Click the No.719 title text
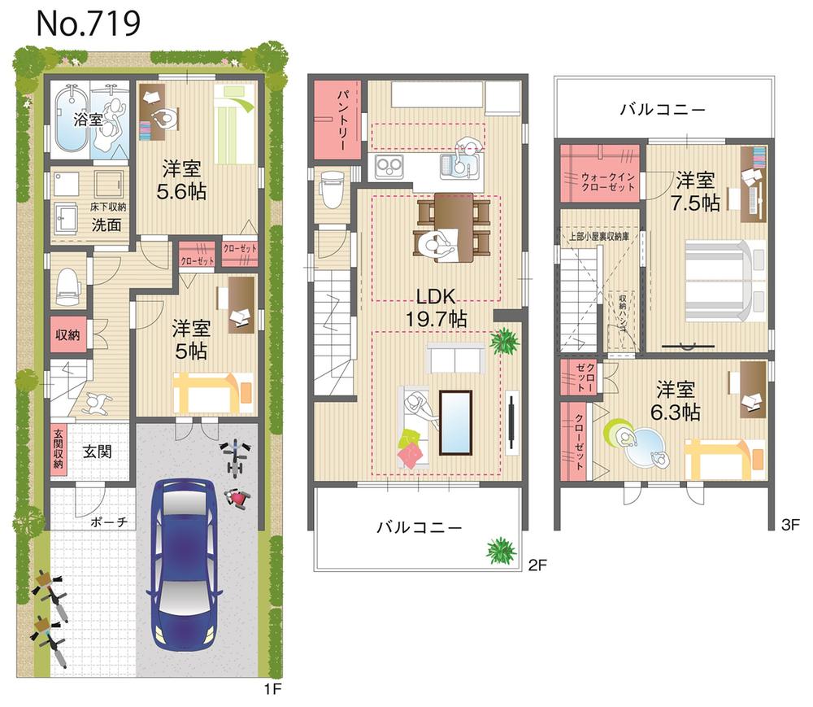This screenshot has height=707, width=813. tap(88, 24)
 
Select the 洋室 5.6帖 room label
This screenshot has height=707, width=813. tap(183, 181)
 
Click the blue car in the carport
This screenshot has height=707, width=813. tap(184, 559)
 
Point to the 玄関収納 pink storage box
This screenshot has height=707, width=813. tap(59, 448)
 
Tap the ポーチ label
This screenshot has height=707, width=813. tap(108, 522)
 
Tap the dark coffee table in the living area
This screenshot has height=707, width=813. tap(455, 421)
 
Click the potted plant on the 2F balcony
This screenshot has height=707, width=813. tap(501, 551)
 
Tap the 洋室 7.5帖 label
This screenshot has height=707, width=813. tap(697, 190)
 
